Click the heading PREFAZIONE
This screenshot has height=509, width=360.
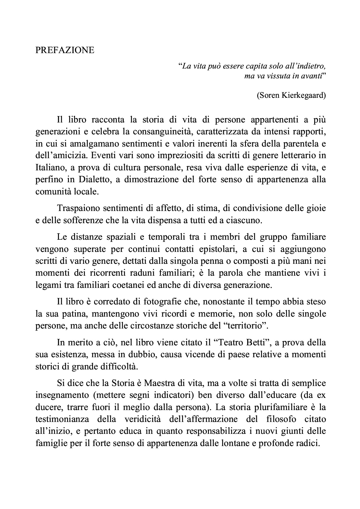(65, 50)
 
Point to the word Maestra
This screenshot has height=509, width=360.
(160, 383)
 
